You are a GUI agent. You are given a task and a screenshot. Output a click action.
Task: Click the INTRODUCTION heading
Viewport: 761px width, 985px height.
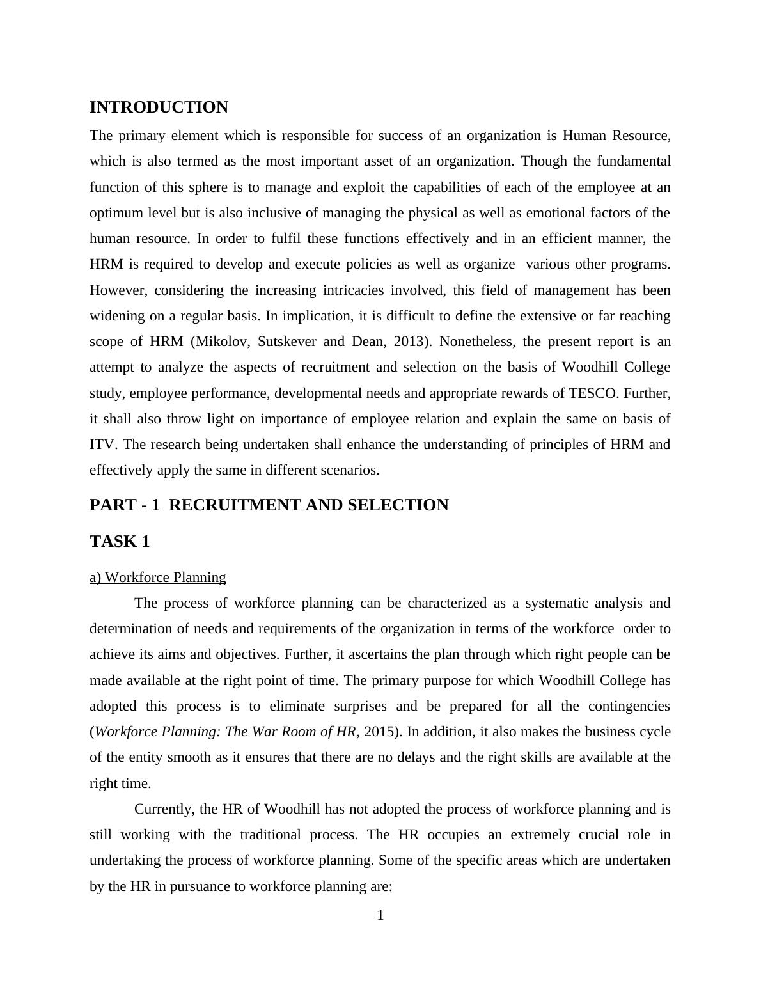pyautogui.click(x=159, y=107)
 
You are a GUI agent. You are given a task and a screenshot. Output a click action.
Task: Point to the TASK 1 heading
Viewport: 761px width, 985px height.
pyautogui.click(x=120, y=542)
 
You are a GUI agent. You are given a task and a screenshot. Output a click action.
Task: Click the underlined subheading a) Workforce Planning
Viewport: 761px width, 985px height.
pyautogui.click(x=157, y=578)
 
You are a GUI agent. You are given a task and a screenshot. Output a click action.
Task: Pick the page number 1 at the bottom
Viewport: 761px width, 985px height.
pyautogui.click(x=380, y=916)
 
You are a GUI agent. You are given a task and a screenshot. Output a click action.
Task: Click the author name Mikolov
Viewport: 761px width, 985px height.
pyautogui.click(x=221, y=342)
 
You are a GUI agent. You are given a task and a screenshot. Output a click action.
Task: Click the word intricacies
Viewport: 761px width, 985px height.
pyautogui.click(x=285, y=290)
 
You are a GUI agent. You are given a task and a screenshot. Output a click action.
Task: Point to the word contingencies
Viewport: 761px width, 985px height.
pyautogui.click(x=629, y=706)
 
